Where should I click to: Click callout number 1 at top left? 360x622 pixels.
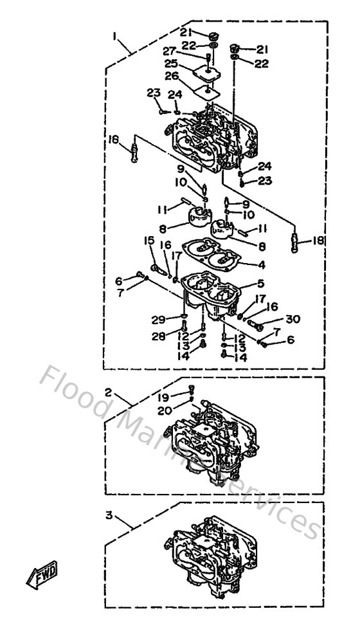116,37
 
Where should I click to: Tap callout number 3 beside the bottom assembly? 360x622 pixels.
109,515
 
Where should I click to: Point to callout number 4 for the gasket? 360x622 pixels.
262,264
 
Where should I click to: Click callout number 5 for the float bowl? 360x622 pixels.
262,283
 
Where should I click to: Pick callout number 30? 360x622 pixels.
292,319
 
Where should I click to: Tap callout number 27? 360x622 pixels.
169,51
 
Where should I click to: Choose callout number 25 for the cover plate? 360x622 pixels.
170,64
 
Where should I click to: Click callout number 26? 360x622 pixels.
171,76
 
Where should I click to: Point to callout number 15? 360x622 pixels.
149,241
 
